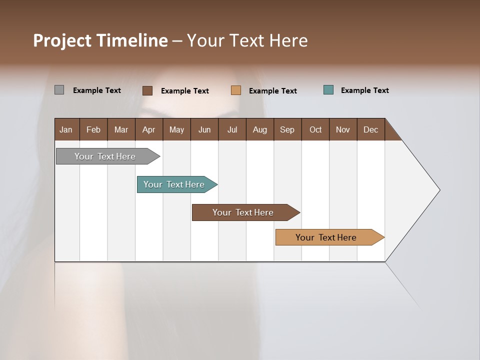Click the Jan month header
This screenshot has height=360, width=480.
[66, 129]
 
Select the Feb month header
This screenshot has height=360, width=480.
[93, 129]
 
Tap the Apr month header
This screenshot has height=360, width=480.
[148, 129]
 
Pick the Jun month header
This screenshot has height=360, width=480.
[204, 129]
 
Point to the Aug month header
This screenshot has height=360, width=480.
[259, 129]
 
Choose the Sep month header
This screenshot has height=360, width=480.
[287, 129]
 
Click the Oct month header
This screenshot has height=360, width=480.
[315, 129]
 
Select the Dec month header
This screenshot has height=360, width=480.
[370, 129]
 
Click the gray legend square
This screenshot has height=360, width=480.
[59, 90]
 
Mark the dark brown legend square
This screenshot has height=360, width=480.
[147, 90]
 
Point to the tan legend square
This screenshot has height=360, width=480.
[236, 90]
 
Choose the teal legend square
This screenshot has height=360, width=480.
[328, 90]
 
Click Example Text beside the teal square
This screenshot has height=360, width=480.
[364, 90]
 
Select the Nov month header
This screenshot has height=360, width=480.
[343, 129]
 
